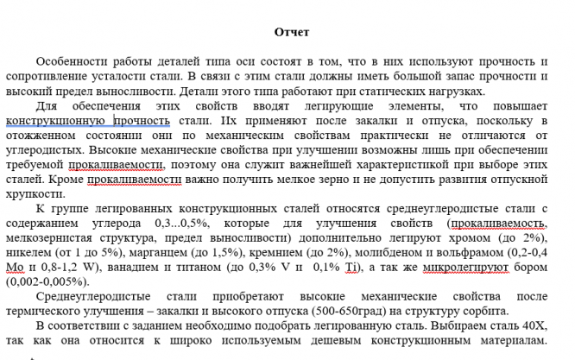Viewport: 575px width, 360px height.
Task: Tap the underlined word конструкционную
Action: click(x=57, y=121)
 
